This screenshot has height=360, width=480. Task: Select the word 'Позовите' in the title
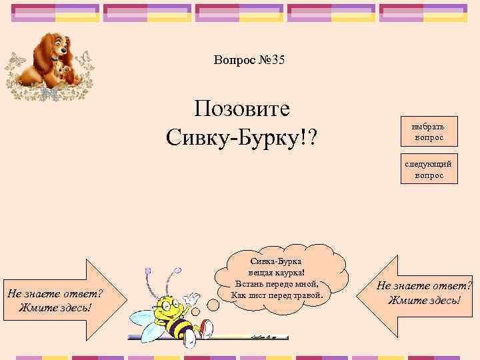coord(241,109)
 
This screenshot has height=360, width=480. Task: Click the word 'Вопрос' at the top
coord(233,61)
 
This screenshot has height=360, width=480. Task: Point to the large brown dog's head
coord(57,47)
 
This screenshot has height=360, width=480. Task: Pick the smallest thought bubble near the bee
coord(196,311)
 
